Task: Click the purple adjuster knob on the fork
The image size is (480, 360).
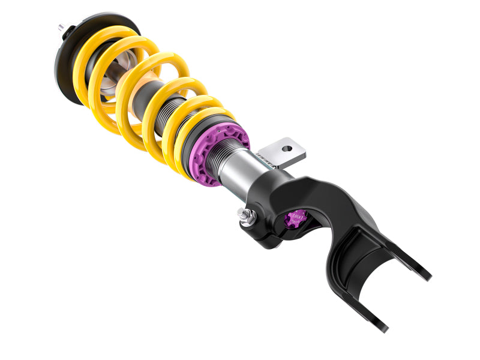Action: pos(296,218)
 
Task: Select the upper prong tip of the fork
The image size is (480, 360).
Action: pos(424,277)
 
